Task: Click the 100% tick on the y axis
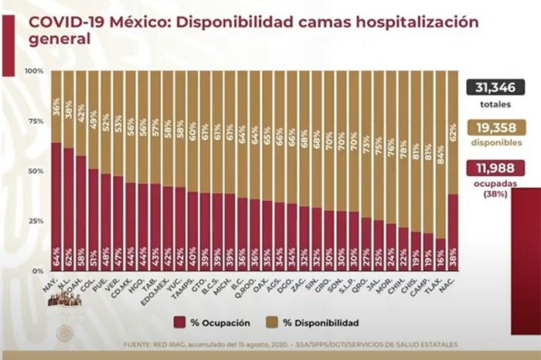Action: click(34, 71)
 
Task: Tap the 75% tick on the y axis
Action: click(36, 121)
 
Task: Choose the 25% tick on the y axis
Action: click(36, 221)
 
